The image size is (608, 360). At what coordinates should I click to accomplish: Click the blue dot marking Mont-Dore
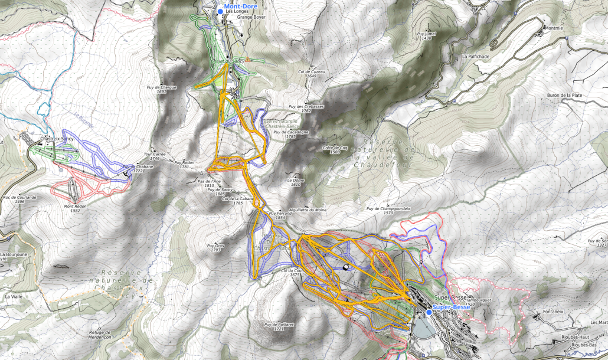click(220, 11)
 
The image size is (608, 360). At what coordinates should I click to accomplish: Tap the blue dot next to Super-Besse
click(429, 312)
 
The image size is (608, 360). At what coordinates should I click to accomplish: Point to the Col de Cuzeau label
click(311, 73)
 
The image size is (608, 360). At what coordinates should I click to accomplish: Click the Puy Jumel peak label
click(426, 36)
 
